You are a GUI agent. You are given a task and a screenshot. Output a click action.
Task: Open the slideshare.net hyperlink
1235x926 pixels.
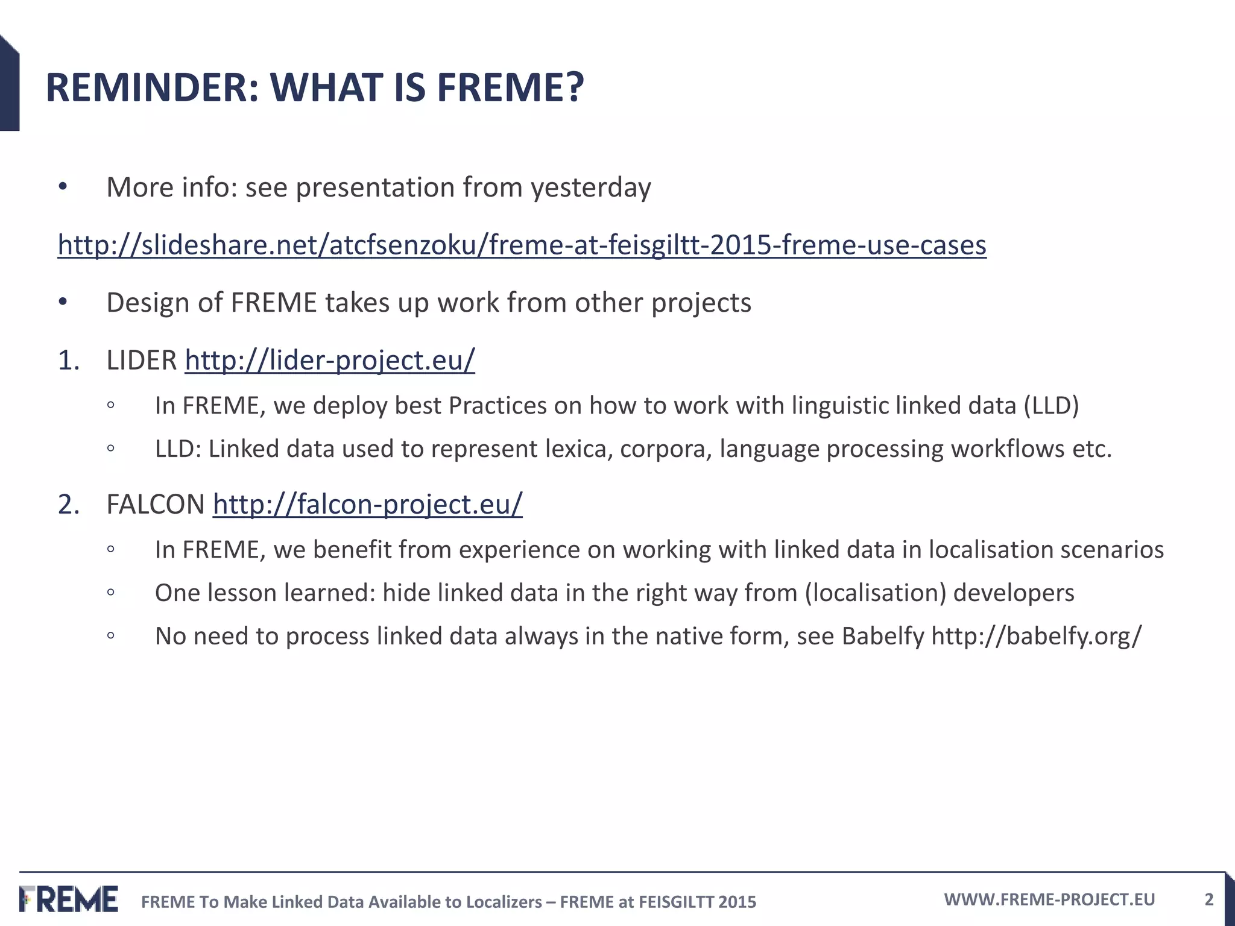(522, 245)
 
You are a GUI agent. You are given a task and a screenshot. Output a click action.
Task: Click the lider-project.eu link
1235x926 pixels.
(330, 361)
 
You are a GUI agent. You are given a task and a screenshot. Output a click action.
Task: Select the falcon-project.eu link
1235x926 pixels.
(367, 505)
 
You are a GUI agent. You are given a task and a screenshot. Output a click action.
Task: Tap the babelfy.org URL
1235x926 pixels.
(1036, 637)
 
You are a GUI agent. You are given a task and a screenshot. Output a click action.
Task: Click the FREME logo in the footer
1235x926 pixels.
(68, 899)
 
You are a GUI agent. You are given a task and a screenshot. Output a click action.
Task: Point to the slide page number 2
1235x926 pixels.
(1208, 899)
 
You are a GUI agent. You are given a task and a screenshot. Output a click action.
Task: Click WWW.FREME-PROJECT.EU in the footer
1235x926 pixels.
(1049, 899)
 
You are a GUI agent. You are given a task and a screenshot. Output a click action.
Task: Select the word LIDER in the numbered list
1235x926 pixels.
(142, 361)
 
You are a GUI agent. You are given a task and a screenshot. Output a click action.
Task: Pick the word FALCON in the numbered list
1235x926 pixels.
(156, 505)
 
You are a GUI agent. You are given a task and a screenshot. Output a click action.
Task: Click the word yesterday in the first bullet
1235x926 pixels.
(590, 188)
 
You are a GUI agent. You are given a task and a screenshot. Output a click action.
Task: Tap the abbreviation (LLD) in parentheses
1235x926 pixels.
(1051, 406)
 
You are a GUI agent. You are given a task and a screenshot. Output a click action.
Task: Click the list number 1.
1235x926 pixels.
(68, 361)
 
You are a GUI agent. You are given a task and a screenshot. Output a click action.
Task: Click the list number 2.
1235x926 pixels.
(68, 505)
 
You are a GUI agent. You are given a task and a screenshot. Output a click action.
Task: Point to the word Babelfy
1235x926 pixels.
(882, 637)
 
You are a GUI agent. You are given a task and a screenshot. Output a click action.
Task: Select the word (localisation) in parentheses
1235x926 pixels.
(875, 593)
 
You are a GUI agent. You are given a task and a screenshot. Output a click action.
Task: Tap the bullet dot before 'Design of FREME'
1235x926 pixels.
(63, 303)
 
